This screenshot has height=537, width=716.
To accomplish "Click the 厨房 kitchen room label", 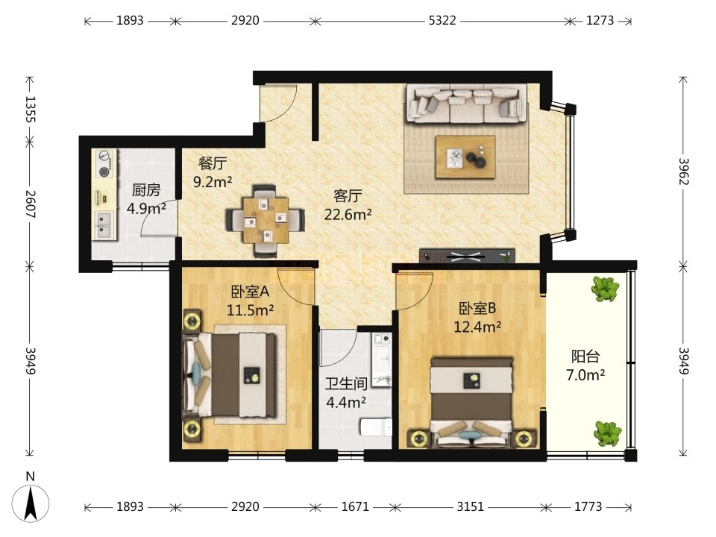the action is pyautogui.click(x=146, y=189).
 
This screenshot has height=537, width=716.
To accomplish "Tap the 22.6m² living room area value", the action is pyautogui.click(x=348, y=214).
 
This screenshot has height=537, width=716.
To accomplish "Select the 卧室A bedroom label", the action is pyautogui.click(x=251, y=292).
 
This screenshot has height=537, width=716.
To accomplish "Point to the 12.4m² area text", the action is pyautogui.click(x=477, y=327).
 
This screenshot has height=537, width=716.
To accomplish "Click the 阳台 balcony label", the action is pyautogui.click(x=585, y=357).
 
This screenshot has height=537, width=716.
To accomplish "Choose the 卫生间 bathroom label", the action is pyautogui.click(x=346, y=383).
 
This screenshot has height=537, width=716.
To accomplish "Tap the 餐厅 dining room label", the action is pyautogui.click(x=213, y=163).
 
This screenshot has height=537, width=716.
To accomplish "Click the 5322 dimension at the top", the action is pyautogui.click(x=442, y=21).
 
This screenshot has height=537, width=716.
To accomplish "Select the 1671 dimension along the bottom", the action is pyautogui.click(x=355, y=507).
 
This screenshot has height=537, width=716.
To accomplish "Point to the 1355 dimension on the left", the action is pyautogui.click(x=30, y=109).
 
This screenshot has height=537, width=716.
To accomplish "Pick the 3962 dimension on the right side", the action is pyautogui.click(x=683, y=172).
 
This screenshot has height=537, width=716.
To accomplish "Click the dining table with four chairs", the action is pyautogui.click(x=266, y=219).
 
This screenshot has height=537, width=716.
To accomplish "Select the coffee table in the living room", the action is pyautogui.click(x=465, y=157).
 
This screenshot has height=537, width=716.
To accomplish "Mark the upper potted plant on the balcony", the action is pyautogui.click(x=605, y=289).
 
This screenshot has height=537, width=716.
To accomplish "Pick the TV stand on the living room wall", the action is pyautogui.click(x=467, y=256).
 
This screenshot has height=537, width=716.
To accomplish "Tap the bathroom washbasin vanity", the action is pyautogui.click(x=382, y=359).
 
